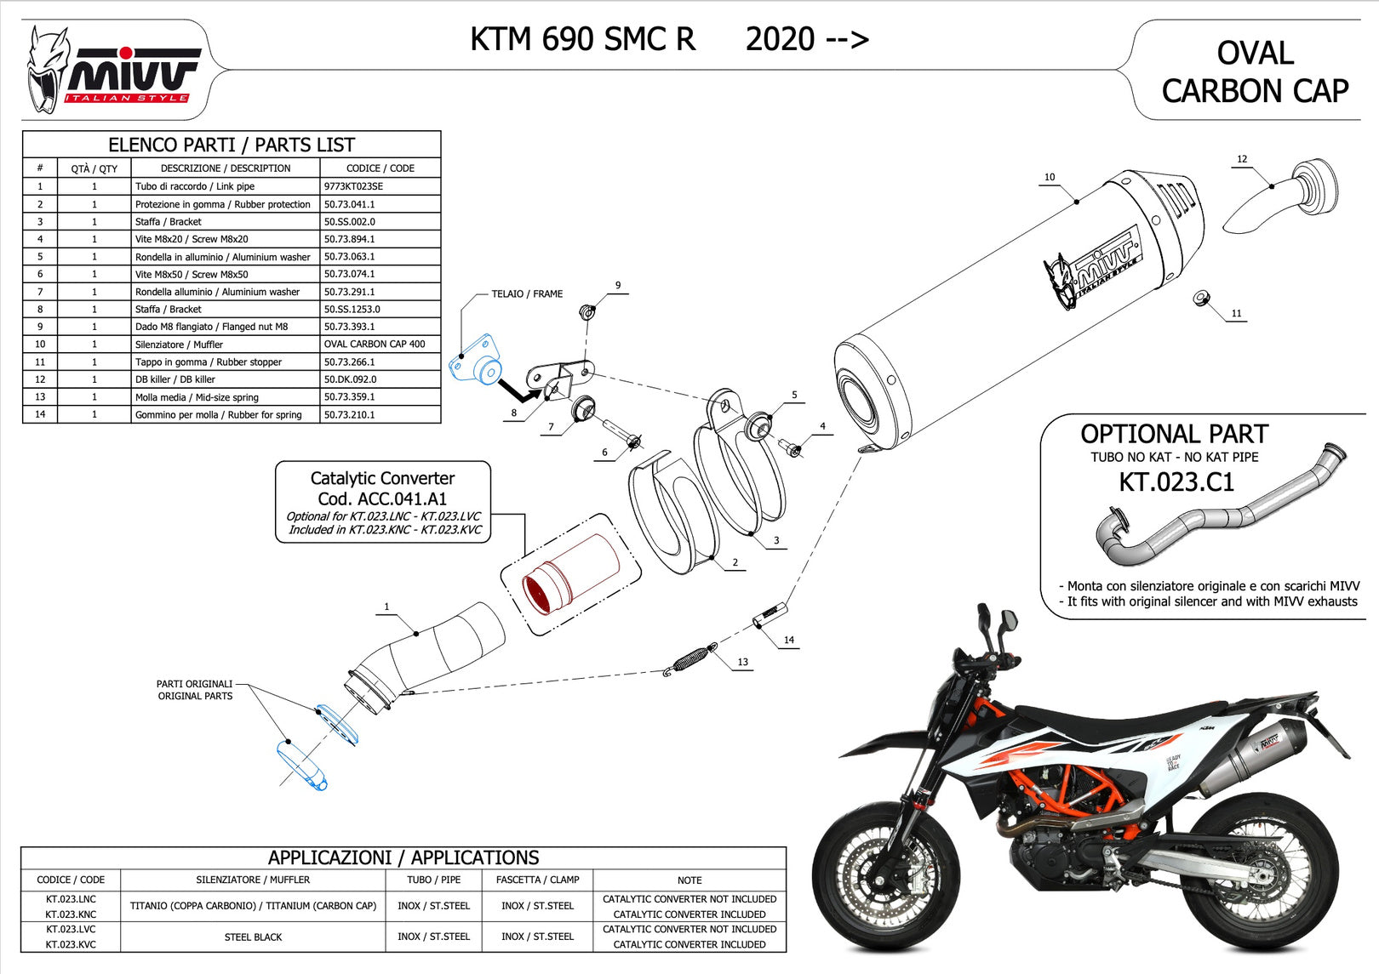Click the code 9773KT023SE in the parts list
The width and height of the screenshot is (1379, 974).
353,186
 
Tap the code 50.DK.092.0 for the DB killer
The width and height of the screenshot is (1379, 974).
351,379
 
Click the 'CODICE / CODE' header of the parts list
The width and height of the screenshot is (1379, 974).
381,168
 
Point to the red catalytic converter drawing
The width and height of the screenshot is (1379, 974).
570,573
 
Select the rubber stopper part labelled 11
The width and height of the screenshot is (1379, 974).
1201,299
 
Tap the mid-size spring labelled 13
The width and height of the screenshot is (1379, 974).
690,659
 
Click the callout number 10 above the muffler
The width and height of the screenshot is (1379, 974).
1050,177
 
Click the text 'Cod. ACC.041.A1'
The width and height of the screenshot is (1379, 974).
382,498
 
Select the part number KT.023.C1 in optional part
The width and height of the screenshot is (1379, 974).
1176,481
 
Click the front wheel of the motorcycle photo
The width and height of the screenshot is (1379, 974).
876,874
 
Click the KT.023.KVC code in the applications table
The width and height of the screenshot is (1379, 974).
71,944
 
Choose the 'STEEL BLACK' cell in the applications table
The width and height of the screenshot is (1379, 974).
253,937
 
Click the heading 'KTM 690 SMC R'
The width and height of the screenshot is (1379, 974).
583,39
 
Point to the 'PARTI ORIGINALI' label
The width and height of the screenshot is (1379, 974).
195,684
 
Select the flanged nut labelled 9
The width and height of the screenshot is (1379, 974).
587,311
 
